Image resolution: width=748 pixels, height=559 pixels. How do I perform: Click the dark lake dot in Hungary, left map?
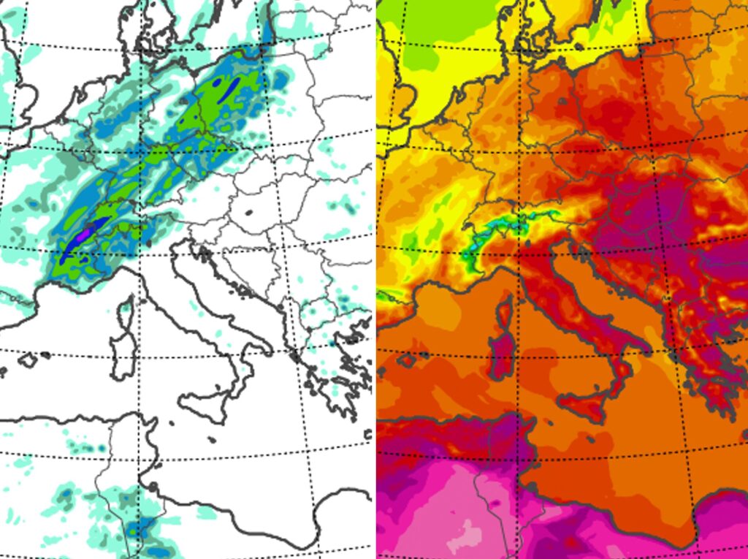coord(248,213)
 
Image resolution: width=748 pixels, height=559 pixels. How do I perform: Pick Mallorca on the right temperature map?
coord(405,360)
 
